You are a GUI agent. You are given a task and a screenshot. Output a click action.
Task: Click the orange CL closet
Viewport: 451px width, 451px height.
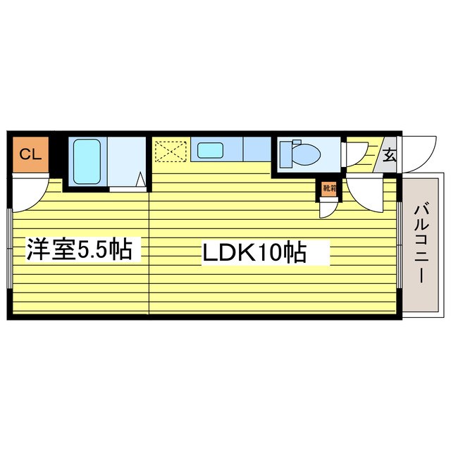coord(29,154)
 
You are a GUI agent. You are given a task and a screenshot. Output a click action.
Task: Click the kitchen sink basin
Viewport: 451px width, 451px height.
coord(210,149)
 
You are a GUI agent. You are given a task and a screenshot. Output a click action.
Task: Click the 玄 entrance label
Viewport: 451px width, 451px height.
coord(389,154)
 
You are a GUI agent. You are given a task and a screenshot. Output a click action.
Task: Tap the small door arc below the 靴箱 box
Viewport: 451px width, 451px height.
coord(328,208)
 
